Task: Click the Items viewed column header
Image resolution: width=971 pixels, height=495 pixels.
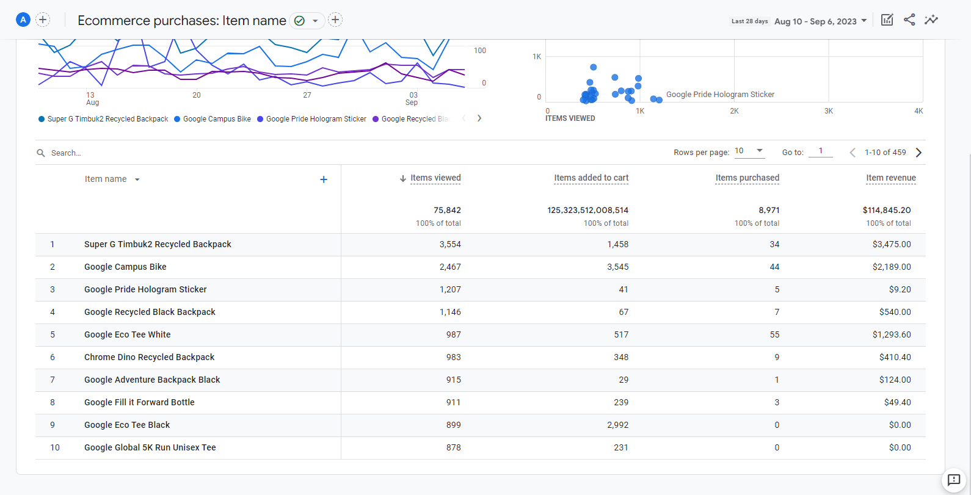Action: tap(435, 178)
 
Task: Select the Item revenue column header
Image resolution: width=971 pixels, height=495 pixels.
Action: tap(890, 178)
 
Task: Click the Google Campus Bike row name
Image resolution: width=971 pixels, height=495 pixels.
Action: tap(125, 267)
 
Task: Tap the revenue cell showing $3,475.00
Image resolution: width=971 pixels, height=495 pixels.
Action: tap(891, 244)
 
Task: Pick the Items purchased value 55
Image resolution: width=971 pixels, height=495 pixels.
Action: tap(774, 334)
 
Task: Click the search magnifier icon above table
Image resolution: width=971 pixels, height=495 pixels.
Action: tap(41, 153)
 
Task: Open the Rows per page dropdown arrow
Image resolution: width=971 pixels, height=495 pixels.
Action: tap(760, 151)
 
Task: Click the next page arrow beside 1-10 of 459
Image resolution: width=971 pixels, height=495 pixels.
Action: tap(918, 153)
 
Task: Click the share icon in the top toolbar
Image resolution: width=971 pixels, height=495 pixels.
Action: tap(909, 20)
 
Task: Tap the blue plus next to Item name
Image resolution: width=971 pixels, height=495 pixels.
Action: tap(324, 179)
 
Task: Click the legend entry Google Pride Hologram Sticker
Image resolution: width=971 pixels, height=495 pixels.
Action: tap(316, 119)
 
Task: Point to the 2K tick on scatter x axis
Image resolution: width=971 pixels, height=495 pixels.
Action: tap(734, 111)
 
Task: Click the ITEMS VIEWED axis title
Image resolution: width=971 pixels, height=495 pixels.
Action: tap(570, 118)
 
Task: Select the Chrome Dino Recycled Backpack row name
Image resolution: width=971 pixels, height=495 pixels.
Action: tap(149, 357)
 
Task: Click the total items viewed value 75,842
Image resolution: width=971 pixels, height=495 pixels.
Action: tap(447, 210)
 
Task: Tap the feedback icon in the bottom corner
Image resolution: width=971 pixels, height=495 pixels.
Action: tap(954, 480)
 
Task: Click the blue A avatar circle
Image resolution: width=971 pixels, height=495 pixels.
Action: tap(23, 20)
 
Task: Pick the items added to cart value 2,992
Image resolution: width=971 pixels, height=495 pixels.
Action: tap(617, 425)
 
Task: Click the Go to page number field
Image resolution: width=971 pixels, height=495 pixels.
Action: tap(820, 151)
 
